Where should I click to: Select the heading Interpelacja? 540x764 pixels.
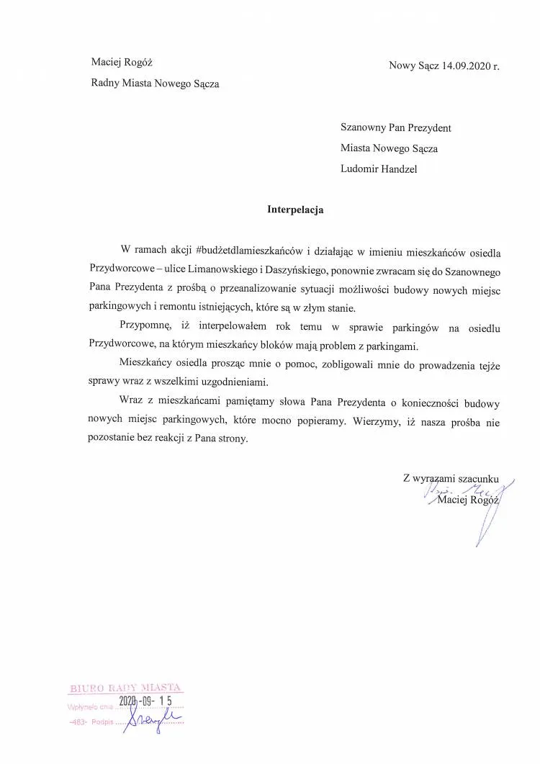coord(295,210)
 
